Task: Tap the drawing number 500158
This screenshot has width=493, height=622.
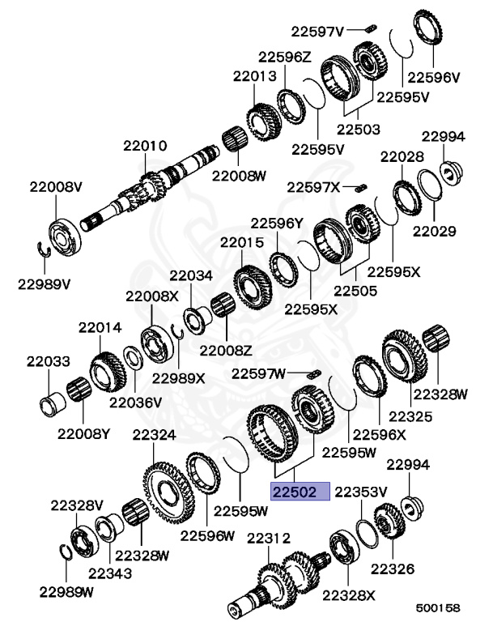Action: (x=437, y=607)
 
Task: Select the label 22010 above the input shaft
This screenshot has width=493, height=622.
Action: (x=145, y=146)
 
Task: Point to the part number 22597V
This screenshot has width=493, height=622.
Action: (x=317, y=32)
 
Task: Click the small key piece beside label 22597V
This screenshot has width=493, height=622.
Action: (x=371, y=28)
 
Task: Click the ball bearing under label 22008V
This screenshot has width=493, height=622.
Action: (x=65, y=237)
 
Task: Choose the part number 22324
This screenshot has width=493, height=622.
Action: (x=154, y=435)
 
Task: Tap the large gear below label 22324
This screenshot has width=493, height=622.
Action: (x=168, y=492)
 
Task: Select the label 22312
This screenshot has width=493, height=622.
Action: (x=269, y=539)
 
